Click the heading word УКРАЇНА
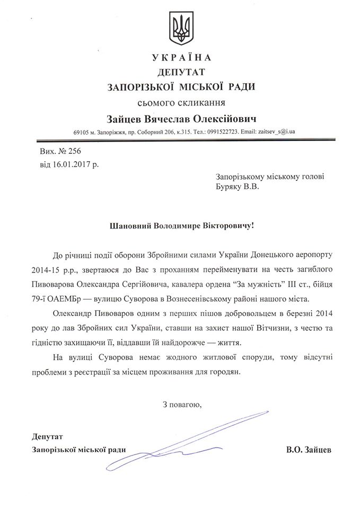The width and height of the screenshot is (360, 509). (181, 57)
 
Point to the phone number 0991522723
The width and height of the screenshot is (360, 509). (223, 131)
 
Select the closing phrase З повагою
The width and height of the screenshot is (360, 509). (182, 405)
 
